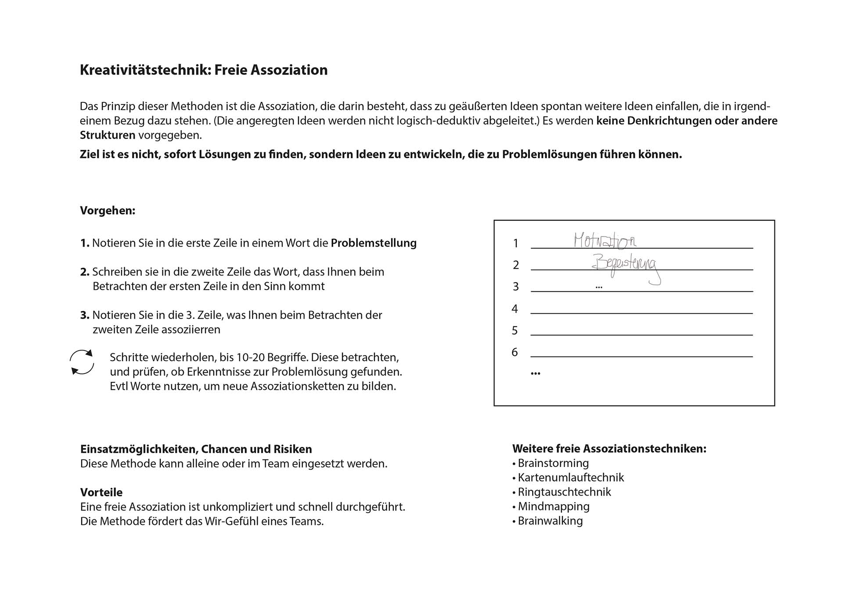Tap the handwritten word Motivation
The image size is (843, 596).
(x=605, y=241)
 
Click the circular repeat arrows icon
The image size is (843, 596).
(x=82, y=362)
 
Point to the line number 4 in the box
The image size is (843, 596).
(x=515, y=309)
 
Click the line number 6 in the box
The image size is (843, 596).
(x=515, y=352)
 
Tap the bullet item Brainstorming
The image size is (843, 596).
(x=553, y=463)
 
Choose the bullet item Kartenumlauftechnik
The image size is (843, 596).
(x=570, y=478)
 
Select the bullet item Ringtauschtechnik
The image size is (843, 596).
(x=564, y=492)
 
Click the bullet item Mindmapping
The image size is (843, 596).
(x=553, y=506)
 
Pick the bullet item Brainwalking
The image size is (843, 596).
(x=550, y=521)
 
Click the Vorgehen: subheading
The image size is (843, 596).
(x=108, y=211)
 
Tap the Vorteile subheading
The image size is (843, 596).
(x=101, y=492)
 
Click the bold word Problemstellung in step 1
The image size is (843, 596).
(x=374, y=243)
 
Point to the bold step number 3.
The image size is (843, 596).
(x=85, y=315)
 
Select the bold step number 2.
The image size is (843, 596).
(x=85, y=272)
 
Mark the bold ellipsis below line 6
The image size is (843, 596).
(x=535, y=373)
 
